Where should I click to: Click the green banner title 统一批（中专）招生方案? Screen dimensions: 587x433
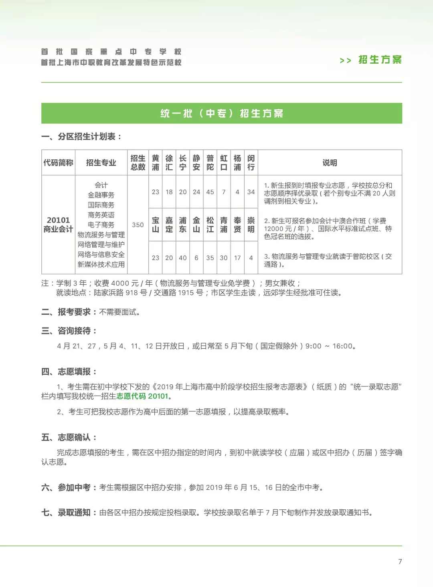pyautogui.click(x=222, y=113)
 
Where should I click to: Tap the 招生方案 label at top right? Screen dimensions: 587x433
pyautogui.click(x=379, y=60)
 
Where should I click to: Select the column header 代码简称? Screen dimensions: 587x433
pyautogui.click(x=58, y=163)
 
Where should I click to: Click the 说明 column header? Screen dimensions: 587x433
pyautogui.click(x=330, y=163)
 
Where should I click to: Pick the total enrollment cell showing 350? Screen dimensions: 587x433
pyautogui.click(x=138, y=225)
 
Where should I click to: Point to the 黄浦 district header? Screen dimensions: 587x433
pyautogui.click(x=156, y=163)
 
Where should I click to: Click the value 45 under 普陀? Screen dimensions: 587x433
pyautogui.click(x=210, y=192)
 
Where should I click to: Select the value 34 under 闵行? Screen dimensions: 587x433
pyautogui.click(x=251, y=192)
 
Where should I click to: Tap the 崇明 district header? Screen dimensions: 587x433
pyautogui.click(x=251, y=225)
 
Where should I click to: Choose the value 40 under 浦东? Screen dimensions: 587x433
pyautogui.click(x=183, y=258)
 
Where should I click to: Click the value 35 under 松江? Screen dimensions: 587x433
pyautogui.click(x=210, y=258)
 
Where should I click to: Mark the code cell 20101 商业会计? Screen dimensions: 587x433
pyautogui.click(x=58, y=225)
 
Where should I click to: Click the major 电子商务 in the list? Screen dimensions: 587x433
pyautogui.click(x=101, y=225)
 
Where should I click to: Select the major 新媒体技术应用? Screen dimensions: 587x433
pyautogui.click(x=101, y=265)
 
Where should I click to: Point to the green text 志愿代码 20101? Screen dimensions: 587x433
pyautogui.click(x=142, y=396)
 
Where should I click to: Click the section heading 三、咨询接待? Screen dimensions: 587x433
pyautogui.click(x=69, y=331)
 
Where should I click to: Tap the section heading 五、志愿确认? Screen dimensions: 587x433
pyautogui.click(x=69, y=438)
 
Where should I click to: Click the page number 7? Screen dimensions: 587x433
pyautogui.click(x=400, y=562)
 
